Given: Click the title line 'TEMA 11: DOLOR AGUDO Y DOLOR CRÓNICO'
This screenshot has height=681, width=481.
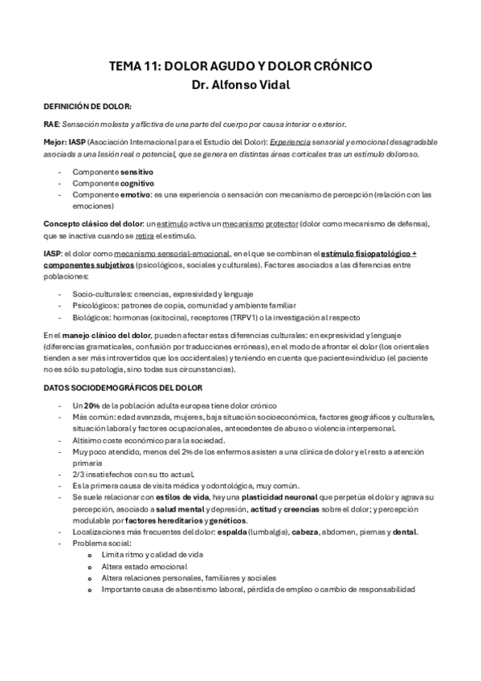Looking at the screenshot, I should pos(240,67).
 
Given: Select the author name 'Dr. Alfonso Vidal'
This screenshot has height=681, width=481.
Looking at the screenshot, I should pos(240,84).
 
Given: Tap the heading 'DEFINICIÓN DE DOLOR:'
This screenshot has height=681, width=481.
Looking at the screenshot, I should pos(88,106).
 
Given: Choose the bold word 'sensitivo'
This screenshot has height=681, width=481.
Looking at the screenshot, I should pos(137,172).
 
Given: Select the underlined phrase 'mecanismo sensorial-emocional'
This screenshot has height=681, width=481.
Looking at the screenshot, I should pos(171,254).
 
